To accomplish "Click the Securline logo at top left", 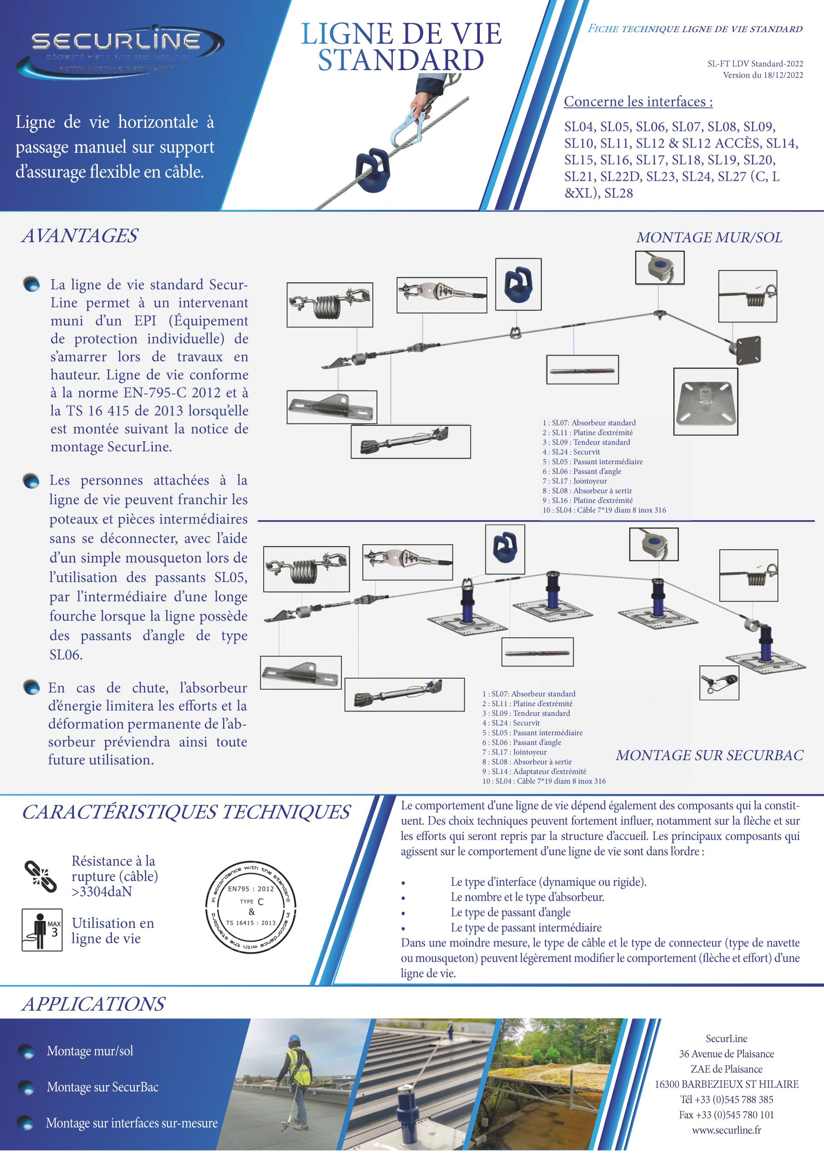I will point(120,51).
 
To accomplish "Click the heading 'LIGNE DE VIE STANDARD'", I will point(401,47).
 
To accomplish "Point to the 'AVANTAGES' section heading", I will point(79,236).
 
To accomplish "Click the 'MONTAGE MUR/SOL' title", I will point(709,238).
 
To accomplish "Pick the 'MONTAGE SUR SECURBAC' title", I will point(709,755).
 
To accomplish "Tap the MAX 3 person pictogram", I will point(42,930).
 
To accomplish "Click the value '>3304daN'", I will point(102,892).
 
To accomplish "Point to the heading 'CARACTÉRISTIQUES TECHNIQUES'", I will point(186,812).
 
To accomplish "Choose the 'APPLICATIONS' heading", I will point(93,1004).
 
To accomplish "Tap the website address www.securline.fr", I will point(726,1130).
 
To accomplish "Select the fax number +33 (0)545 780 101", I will point(726,1115).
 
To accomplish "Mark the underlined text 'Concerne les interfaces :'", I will point(638,102).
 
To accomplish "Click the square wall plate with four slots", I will point(705,402).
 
